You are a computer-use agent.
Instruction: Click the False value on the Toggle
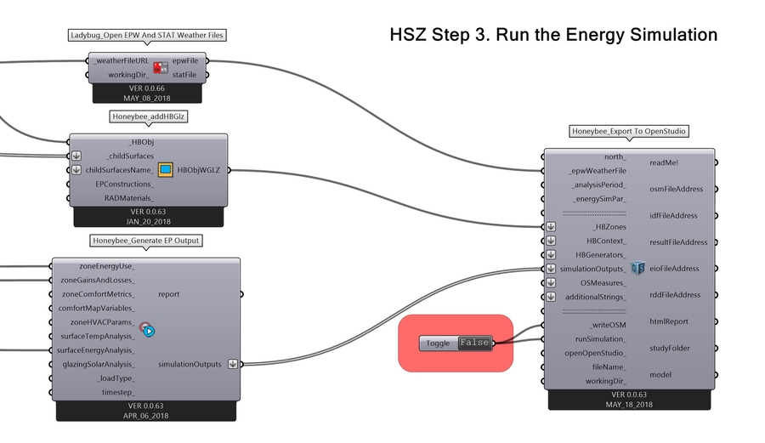point(474,343)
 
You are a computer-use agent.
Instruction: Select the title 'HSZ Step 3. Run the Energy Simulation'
point(553,35)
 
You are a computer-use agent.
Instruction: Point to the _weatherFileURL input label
point(122,61)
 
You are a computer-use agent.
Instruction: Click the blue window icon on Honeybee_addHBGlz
point(165,170)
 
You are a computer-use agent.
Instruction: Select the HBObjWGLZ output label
point(198,170)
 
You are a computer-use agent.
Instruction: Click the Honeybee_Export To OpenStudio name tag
point(628,132)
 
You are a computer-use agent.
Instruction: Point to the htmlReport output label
point(668,321)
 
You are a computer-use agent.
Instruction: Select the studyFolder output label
point(671,348)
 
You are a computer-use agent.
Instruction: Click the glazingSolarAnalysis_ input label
point(93,364)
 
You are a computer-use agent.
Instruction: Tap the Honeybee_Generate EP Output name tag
point(147,241)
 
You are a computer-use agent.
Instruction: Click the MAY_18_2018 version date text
point(628,405)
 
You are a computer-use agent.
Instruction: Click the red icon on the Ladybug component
point(160,68)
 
